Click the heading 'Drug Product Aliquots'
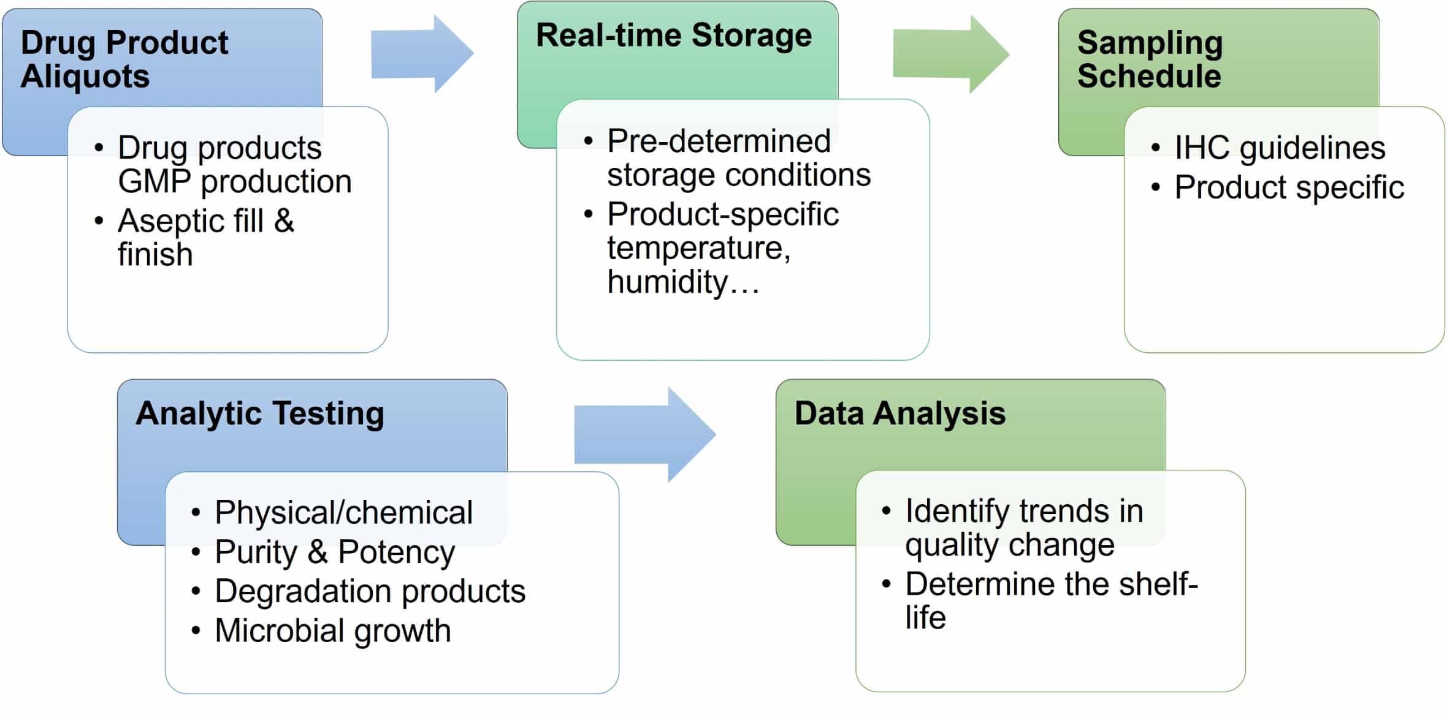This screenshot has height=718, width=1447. pos(124,59)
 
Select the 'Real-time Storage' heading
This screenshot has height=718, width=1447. pos(673,35)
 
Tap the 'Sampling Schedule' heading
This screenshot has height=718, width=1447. pos(1150,59)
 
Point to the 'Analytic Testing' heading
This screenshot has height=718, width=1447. pos(260,413)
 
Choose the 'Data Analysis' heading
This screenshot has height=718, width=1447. pos(899,413)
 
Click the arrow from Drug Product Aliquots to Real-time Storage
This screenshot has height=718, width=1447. pos(422,54)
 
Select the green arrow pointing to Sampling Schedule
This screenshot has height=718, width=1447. pos(950,54)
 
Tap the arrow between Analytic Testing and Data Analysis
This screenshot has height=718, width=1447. pos(644,434)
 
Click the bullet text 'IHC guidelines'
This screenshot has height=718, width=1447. pos(1280,148)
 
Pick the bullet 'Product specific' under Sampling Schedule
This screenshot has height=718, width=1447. pos(1289,187)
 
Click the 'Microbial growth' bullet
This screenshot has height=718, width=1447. pos(333,630)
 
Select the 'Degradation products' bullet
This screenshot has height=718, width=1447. pos(370,591)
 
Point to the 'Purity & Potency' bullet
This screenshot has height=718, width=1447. pos(335,552)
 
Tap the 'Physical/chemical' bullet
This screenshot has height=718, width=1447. pos(343,512)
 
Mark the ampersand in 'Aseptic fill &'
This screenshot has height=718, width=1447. pos(284,221)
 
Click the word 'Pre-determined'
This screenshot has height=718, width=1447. pos(719,141)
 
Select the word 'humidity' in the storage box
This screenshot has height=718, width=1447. pos(667,282)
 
